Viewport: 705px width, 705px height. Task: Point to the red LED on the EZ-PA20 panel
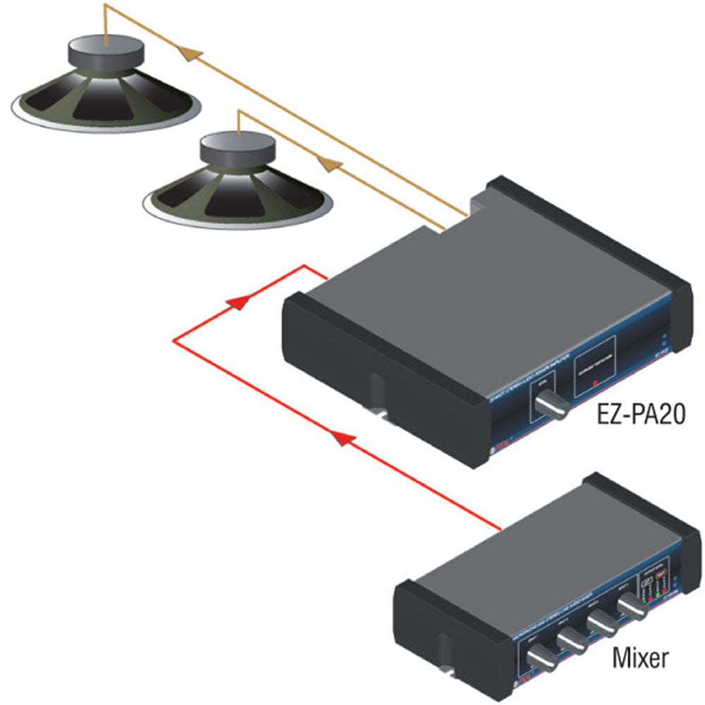coord(595,382)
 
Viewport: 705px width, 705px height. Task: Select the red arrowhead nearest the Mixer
coord(342,439)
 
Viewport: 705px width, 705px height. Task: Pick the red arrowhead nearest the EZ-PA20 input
coord(240,302)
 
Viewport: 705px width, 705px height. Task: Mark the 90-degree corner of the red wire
coord(175,341)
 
